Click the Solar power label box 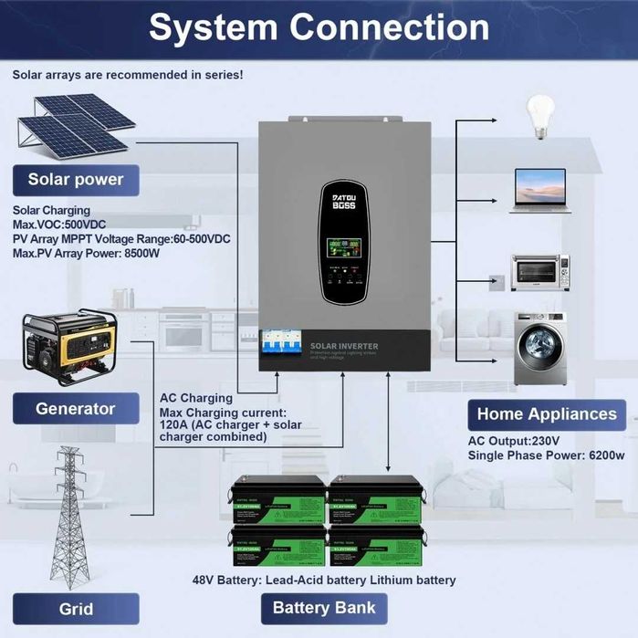point(75,180)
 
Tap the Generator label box point(75,409)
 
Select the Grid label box point(76,609)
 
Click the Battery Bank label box point(324,608)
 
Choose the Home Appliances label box point(546,413)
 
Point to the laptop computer point(540,190)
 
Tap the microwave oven point(539,272)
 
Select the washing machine point(540,348)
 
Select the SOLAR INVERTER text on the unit point(344,346)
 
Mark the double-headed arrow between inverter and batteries point(390,420)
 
